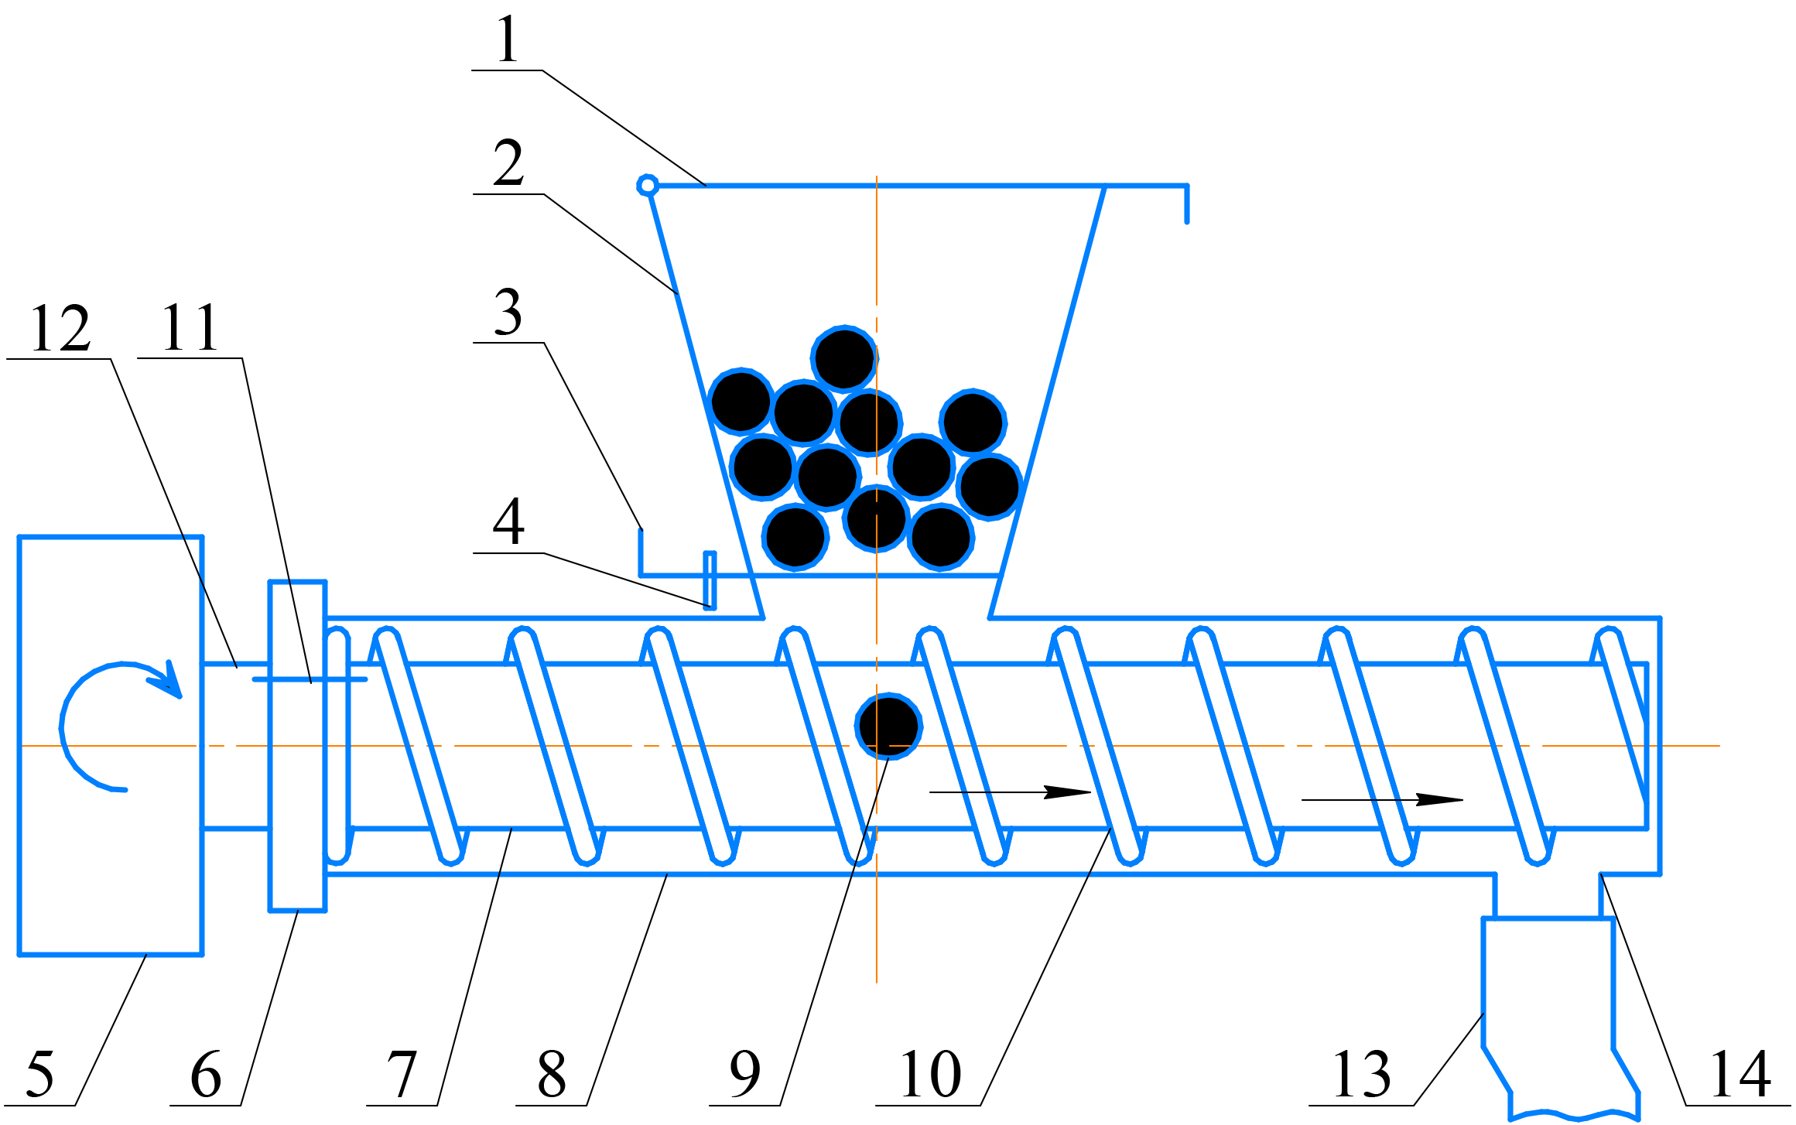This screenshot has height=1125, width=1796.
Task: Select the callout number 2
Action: pyautogui.click(x=508, y=163)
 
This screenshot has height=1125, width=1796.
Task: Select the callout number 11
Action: pyautogui.click(x=190, y=328)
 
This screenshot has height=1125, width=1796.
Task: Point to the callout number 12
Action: pyautogui.click(x=60, y=328)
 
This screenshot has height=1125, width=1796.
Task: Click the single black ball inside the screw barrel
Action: pyautogui.click(x=888, y=726)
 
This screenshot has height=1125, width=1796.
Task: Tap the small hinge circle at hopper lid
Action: pyautogui.click(x=648, y=186)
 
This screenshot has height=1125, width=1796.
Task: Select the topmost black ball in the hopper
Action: pyautogui.click(x=844, y=359)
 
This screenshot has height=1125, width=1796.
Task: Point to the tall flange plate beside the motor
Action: pyautogui.click(x=297, y=746)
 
